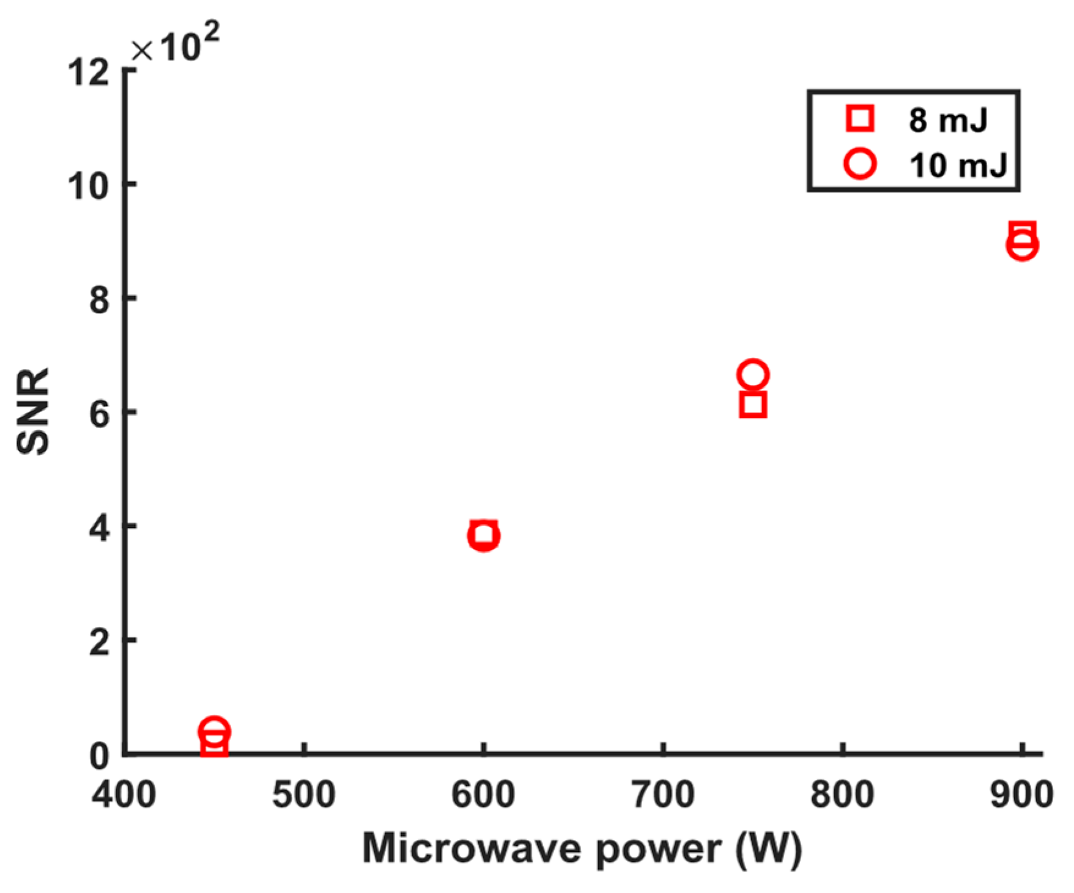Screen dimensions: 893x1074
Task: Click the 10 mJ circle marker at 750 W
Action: [x=753, y=375]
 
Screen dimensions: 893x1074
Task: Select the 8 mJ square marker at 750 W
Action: [x=753, y=405]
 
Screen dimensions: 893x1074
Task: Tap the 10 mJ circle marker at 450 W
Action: [x=214, y=730]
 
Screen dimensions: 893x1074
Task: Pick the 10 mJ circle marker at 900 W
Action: [x=1022, y=246]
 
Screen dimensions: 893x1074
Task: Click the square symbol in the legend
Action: [x=860, y=118]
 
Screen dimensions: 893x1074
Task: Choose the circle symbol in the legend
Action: [x=860, y=164]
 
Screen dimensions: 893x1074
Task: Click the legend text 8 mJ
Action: [x=947, y=119]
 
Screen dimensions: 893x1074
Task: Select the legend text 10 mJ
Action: [x=957, y=165]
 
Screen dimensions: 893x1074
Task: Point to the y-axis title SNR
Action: [x=33, y=411]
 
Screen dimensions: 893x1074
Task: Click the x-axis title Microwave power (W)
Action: [x=582, y=849]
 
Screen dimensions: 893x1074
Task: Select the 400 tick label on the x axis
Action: [x=124, y=795]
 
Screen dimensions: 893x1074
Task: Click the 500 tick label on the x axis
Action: [x=304, y=795]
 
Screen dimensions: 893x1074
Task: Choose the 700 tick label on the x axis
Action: [x=663, y=795]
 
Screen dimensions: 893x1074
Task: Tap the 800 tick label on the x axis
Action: [x=842, y=795]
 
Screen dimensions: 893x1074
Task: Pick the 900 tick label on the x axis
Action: [x=1021, y=795]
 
